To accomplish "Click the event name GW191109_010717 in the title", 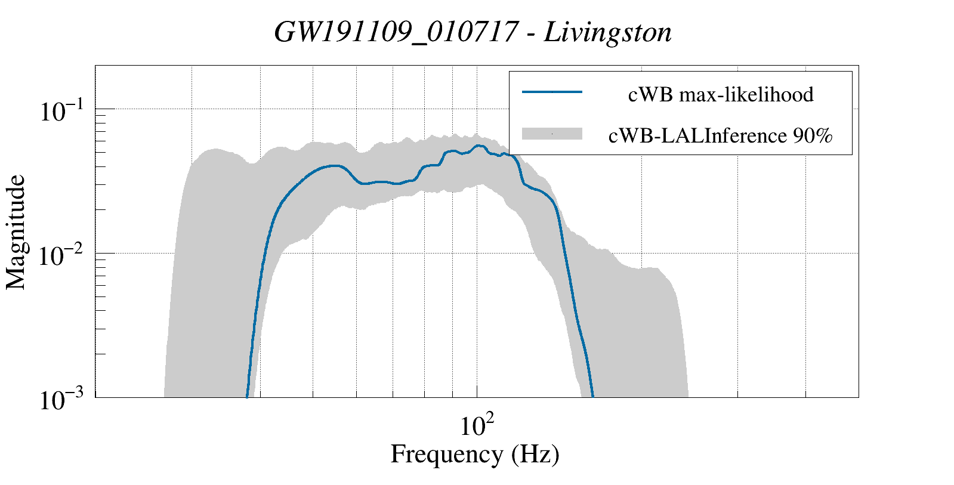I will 395,32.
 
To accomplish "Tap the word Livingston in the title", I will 607,32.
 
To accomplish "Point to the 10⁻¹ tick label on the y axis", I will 65,112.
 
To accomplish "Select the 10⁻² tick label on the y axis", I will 65,256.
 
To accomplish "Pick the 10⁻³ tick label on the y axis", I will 65,400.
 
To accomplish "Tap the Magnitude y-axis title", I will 16,232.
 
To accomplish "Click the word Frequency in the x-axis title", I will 447,455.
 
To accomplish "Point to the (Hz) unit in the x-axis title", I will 535,455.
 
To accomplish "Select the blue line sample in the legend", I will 552,92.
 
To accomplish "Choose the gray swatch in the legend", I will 552,134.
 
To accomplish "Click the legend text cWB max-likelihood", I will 720,94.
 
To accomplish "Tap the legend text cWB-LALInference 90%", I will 720,136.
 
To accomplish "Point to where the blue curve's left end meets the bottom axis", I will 247,396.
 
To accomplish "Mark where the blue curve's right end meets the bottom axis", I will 592,396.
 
